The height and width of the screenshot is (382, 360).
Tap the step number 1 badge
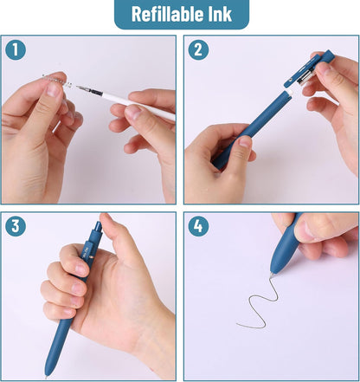tap(16, 49)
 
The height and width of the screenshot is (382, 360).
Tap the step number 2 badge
tap(198, 49)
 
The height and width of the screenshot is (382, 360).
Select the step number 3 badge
tap(16, 226)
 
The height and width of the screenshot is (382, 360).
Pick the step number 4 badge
tap(198, 226)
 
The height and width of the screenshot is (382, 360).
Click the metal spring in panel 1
tap(58, 81)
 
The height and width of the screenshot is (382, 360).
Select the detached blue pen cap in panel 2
tap(309, 68)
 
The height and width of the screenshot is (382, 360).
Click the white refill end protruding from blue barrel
tap(289, 93)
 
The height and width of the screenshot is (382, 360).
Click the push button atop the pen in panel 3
tap(98, 226)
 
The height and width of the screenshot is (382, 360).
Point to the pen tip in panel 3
tap(46, 377)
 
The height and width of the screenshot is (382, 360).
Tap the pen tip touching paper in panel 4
tap(272, 275)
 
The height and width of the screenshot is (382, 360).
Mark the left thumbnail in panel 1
tap(54, 90)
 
